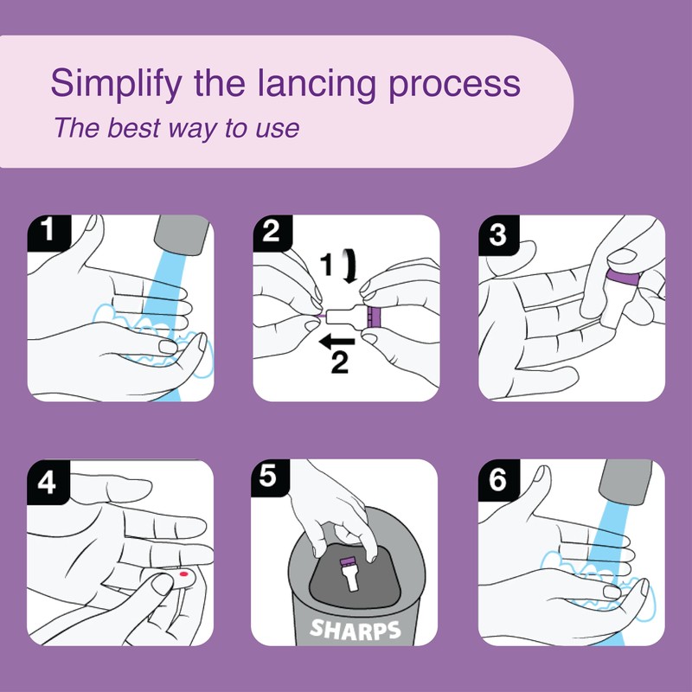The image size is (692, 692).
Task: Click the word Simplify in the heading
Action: click(116, 84)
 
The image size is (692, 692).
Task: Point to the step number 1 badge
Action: click(48, 232)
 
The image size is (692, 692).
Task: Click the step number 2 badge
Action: click(272, 232)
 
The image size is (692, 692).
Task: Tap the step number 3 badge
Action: click(498, 234)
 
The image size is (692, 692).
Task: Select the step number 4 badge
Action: click(48, 481)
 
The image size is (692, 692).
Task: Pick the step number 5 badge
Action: click(270, 476)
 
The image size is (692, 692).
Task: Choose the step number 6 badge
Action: click(498, 480)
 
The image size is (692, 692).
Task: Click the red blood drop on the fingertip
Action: click(184, 574)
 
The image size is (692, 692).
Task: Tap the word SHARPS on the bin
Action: click(355, 629)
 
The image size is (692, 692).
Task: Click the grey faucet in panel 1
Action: click(182, 234)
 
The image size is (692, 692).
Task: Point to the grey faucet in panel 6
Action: click(625, 482)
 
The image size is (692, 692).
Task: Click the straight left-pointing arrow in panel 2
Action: click(336, 341)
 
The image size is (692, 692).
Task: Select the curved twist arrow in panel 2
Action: click(351, 266)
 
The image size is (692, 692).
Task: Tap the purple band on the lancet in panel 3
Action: click(623, 278)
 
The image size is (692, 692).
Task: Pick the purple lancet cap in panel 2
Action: click(374, 317)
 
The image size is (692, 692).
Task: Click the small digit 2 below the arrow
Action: click(340, 362)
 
